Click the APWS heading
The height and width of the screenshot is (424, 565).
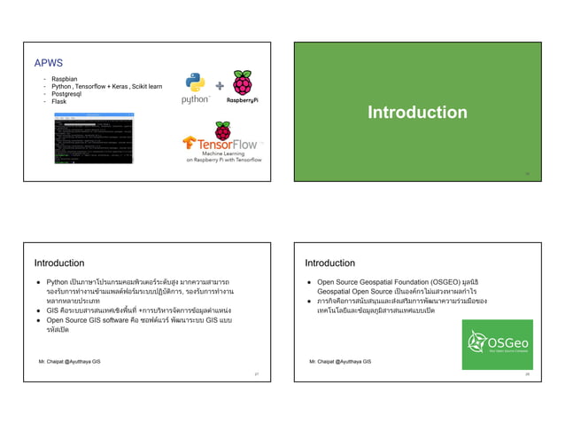pyautogui.click(x=48, y=65)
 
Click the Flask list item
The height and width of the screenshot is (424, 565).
pyautogui.click(x=59, y=101)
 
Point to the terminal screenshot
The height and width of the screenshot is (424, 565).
pyautogui.click(x=93, y=138)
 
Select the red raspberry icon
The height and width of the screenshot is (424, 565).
pyautogui.click(x=242, y=84)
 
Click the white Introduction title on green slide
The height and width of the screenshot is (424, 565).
pyautogui.click(x=417, y=113)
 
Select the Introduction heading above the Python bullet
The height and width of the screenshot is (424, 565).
pyautogui.click(x=59, y=263)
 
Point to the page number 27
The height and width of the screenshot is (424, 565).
pyautogui.click(x=256, y=374)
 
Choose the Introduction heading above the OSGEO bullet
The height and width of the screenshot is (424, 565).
pyautogui.click(x=329, y=263)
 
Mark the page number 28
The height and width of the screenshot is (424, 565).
pyautogui.click(x=526, y=374)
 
